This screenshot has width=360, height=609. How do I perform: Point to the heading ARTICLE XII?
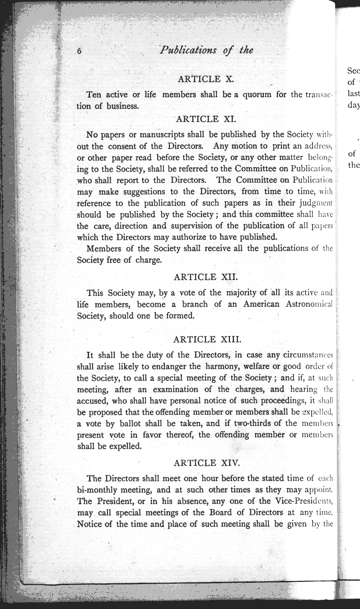coord(206,276)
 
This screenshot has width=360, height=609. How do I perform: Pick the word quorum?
coord(252,94)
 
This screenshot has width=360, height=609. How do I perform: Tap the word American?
coord(261,304)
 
